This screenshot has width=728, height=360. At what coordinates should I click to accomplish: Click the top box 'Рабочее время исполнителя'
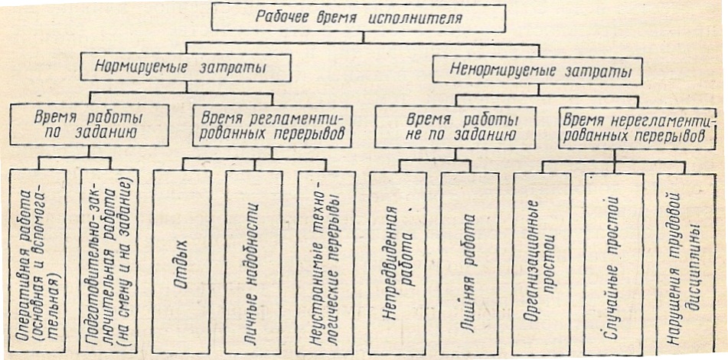[358, 18]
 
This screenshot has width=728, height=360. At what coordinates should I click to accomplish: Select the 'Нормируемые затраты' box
[186, 68]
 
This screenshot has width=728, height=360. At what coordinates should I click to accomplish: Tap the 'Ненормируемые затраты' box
[537, 70]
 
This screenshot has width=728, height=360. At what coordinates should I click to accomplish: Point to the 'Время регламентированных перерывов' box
[272, 126]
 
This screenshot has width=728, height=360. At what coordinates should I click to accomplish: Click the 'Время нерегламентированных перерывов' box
[637, 128]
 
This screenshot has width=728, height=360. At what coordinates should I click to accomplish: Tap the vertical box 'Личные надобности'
[253, 263]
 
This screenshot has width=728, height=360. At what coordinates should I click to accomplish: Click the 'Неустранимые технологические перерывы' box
[326, 263]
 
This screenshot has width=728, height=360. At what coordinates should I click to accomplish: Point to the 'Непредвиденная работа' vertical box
[398, 263]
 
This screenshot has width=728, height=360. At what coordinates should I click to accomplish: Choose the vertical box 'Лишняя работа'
[469, 263]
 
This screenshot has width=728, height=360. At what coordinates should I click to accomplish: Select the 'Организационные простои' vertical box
[542, 263]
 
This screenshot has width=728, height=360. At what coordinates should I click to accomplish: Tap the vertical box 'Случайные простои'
[614, 264]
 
